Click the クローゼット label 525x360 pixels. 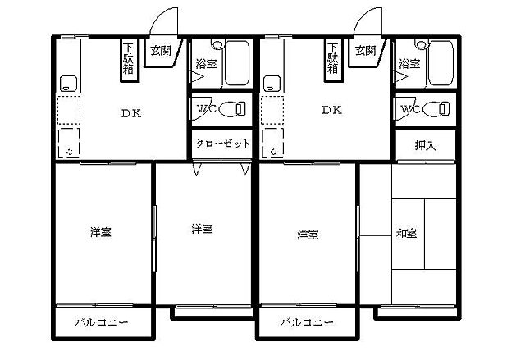[222, 144]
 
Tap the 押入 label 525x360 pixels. [425, 145]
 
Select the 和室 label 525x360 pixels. [407, 235]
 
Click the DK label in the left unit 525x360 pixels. [132, 114]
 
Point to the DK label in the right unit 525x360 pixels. [332, 110]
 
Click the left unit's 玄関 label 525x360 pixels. [159, 50]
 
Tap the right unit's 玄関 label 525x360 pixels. [365, 50]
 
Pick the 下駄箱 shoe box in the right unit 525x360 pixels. [332, 59]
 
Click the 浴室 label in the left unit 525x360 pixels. [205, 63]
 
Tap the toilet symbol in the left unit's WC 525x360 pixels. [236, 108]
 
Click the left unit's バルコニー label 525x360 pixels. [102, 322]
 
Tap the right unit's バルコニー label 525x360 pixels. [306, 322]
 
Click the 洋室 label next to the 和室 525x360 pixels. [308, 235]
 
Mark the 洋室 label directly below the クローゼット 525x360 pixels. [203, 229]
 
